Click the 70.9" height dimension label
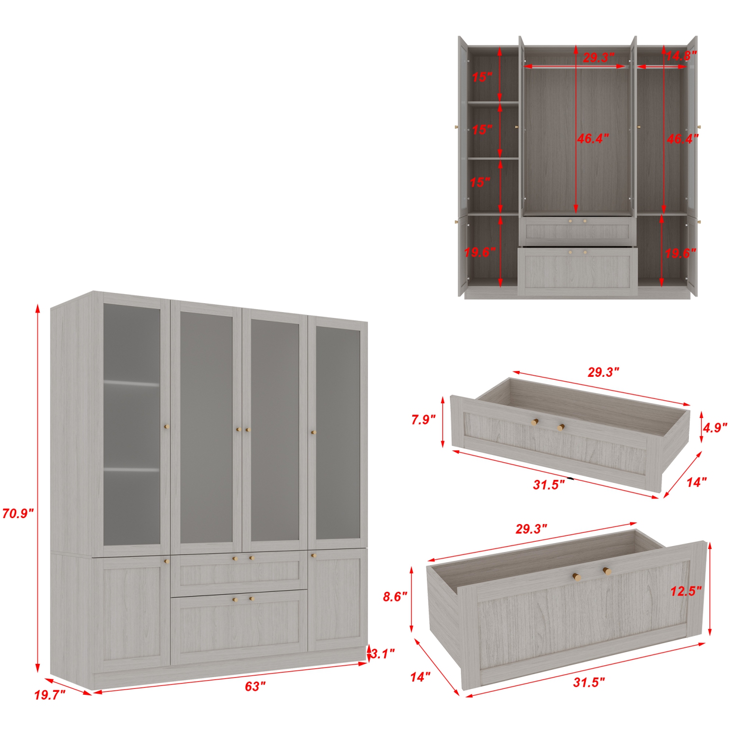pyautogui.click(x=18, y=514)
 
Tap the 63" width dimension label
pyautogui.click(x=255, y=686)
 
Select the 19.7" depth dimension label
pyautogui.click(x=50, y=695)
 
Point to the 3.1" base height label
pyautogui.click(x=383, y=654)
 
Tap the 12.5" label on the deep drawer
pyautogui.click(x=686, y=591)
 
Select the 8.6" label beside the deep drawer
pyautogui.click(x=395, y=597)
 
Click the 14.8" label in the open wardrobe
pyautogui.click(x=681, y=55)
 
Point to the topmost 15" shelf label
pyautogui.click(x=482, y=77)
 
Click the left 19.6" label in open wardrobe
pyautogui.click(x=480, y=252)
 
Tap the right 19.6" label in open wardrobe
pyautogui.click(x=681, y=253)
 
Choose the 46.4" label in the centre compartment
pyautogui.click(x=593, y=139)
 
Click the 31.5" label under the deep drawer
pyautogui.click(x=589, y=682)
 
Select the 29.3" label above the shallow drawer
pyautogui.click(x=604, y=372)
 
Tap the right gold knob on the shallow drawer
pyautogui.click(x=560, y=427)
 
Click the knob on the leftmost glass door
pyautogui.click(x=166, y=427)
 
